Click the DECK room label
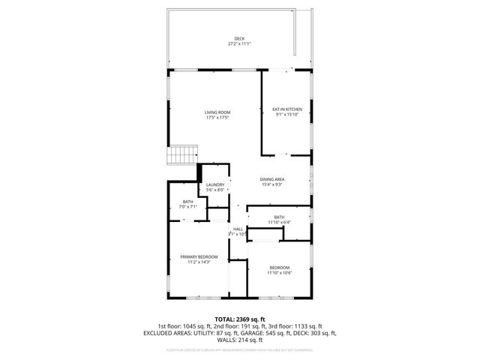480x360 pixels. (x=239, y=39)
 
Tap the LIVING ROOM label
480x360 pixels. (x=217, y=112)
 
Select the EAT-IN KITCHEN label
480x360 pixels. (x=286, y=109)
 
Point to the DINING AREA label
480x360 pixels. (x=271, y=179)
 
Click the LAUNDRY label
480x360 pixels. (x=216, y=185)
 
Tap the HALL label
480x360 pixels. (x=238, y=229)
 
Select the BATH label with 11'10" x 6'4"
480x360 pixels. (x=279, y=217)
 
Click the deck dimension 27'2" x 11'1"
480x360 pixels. (x=239, y=44)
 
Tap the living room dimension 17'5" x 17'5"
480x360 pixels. (x=217, y=118)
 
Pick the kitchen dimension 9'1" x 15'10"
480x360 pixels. (x=286, y=115)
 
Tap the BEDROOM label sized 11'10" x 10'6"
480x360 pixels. (x=279, y=268)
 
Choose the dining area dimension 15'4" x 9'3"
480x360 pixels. (x=271, y=184)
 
